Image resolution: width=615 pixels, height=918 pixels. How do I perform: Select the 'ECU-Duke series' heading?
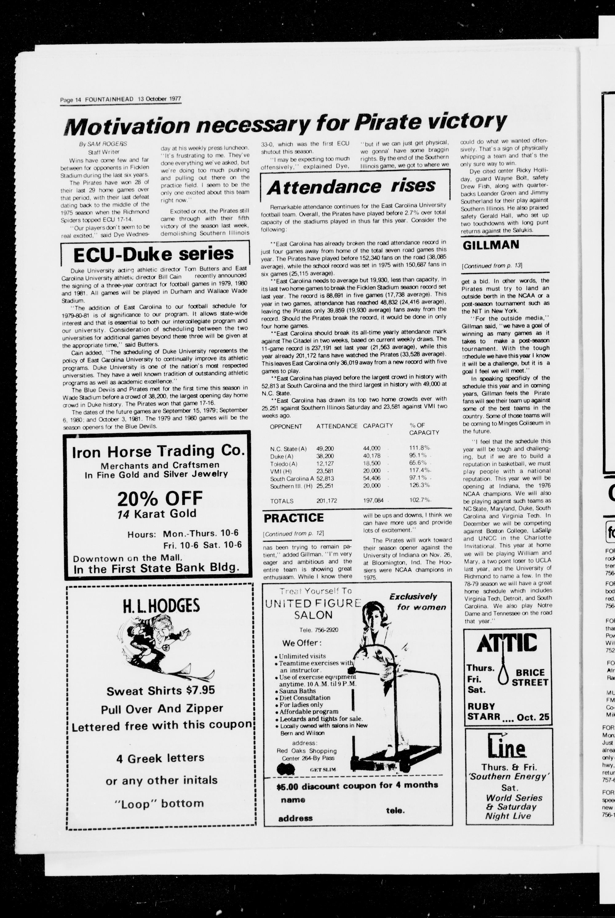(x=154, y=254)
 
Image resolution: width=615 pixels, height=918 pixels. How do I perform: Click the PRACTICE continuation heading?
(x=294, y=518)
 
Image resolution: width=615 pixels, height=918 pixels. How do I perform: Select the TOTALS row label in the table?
(x=282, y=501)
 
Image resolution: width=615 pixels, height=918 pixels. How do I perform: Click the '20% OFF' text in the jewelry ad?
(x=160, y=498)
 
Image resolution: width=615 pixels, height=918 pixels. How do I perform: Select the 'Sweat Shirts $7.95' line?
(x=161, y=690)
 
